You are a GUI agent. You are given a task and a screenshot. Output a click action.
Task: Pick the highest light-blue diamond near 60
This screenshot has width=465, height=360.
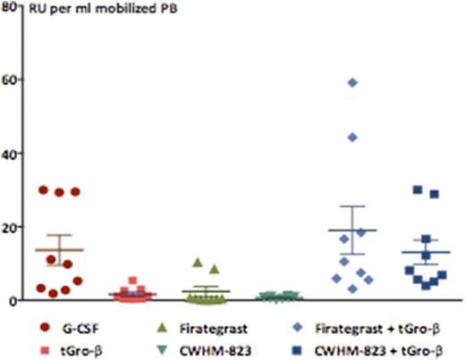coord(352,82)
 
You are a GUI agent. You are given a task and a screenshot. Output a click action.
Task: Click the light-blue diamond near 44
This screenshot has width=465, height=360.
coord(352,137)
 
